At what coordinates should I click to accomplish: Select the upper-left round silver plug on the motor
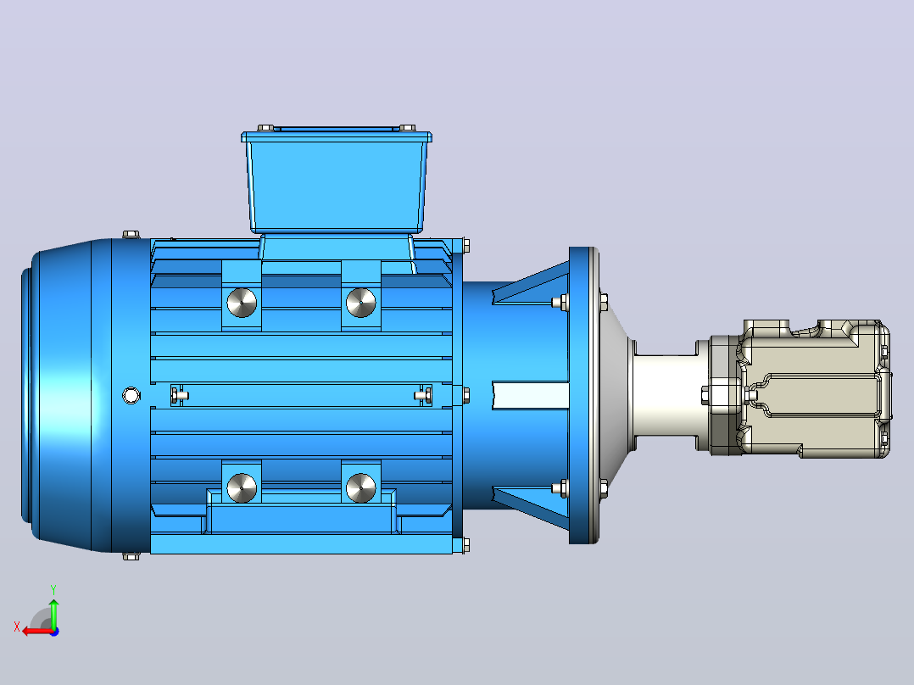point(242,303)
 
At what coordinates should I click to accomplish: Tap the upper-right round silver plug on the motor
point(361,303)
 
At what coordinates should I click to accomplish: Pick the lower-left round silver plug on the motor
point(242,487)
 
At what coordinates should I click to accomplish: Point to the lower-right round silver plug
point(361,487)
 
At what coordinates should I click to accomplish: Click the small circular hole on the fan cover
point(131,395)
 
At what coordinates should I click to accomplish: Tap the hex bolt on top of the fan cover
point(131,234)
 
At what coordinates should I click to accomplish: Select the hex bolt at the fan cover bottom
point(131,557)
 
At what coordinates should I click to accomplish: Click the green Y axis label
point(53,589)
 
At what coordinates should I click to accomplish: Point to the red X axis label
point(17,627)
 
